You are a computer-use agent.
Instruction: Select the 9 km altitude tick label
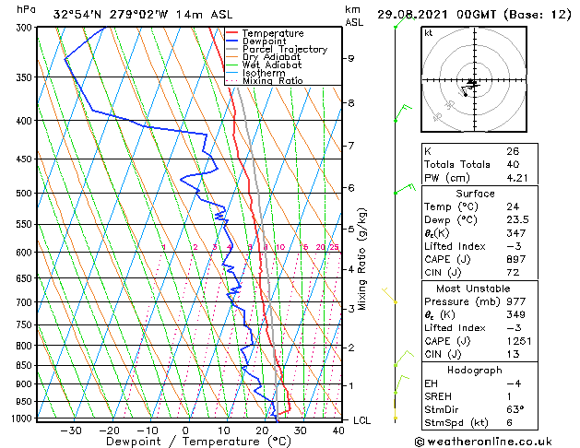(351, 58)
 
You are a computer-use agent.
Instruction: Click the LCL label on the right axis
(363, 420)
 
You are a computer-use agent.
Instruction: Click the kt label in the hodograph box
(428, 33)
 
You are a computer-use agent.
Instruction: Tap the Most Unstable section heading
(474, 289)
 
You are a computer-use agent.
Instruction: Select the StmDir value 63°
(515, 408)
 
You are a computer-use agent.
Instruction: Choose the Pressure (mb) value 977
(515, 301)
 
